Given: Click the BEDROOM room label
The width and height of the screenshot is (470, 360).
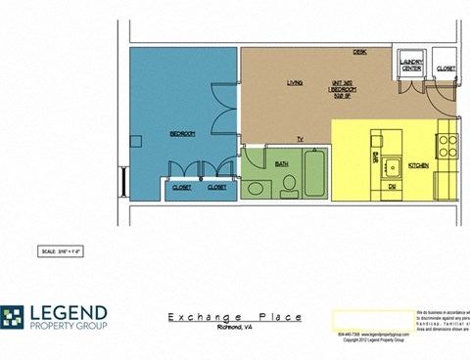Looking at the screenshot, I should (x=182, y=133).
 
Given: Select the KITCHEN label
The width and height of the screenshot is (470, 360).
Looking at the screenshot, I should (x=418, y=166).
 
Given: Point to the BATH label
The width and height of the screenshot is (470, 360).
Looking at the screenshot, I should (x=281, y=163).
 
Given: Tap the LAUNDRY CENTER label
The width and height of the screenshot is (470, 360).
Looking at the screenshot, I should (x=411, y=67).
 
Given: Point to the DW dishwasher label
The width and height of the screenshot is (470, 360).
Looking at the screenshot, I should (x=390, y=185).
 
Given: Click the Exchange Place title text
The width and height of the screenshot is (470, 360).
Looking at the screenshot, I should (x=234, y=317).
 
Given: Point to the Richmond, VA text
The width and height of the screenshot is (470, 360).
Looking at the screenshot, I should (x=235, y=328).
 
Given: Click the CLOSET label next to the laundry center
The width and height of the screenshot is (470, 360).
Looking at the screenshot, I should (x=446, y=68).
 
